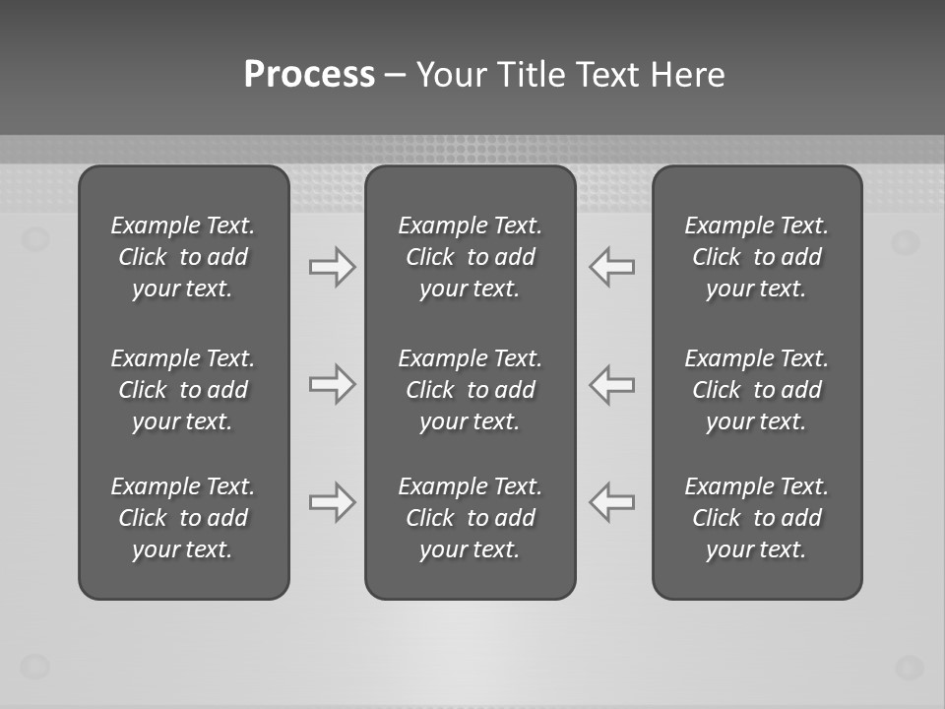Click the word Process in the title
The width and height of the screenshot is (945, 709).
coord(309,75)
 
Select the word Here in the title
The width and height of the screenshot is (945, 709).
coord(688,75)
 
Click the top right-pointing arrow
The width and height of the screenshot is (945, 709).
coord(333,267)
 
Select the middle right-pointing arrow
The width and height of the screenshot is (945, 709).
coord(333,384)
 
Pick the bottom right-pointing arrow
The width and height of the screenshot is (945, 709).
coord(333,502)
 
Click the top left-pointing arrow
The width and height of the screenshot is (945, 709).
coord(612,267)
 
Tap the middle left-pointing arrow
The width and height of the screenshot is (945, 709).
coord(612,384)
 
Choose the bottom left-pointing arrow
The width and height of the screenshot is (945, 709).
coord(612,502)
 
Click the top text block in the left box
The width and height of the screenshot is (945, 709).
coord(183,257)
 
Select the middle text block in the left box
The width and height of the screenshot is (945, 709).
coord(183,390)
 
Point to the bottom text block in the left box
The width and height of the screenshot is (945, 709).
coord(183,518)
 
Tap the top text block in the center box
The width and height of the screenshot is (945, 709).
coord(470,257)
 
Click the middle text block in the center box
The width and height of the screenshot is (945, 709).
coord(470,390)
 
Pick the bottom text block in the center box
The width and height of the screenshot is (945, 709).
coord(470,518)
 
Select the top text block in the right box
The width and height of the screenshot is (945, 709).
coord(756,257)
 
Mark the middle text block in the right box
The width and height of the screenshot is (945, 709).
coord(756,390)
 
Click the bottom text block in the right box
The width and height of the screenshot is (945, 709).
coord(756,518)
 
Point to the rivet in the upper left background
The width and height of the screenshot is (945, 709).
coord(35,238)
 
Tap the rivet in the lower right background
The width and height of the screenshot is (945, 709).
coord(909,667)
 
